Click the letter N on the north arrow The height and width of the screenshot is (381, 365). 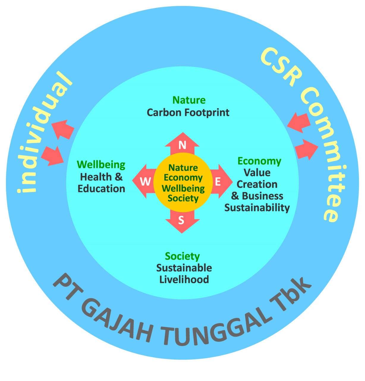click(x=182, y=145)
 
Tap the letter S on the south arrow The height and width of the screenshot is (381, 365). click(x=181, y=220)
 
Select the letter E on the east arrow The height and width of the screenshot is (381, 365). click(x=218, y=182)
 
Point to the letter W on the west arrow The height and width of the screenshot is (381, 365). click(x=145, y=182)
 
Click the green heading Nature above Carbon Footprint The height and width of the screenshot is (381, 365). click(x=189, y=100)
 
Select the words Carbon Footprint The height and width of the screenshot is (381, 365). click(x=188, y=113)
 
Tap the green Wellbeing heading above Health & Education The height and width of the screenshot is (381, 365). click(x=101, y=165)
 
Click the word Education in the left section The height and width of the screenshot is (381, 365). click(x=101, y=189)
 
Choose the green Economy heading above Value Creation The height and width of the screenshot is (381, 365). click(x=259, y=162)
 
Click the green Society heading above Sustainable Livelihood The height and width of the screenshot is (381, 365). click(x=182, y=257)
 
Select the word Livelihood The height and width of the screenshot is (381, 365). click(x=184, y=279)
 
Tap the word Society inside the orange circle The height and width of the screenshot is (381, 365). click(x=183, y=199)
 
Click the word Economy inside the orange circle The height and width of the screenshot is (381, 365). click(x=183, y=178)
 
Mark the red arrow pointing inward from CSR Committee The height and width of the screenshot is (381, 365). click(x=299, y=123)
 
